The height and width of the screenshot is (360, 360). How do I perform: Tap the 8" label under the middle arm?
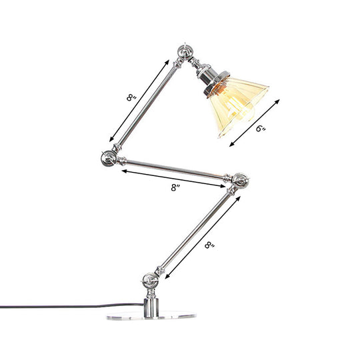[x=175, y=189]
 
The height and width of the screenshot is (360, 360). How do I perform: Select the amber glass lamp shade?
[x=236, y=107]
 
